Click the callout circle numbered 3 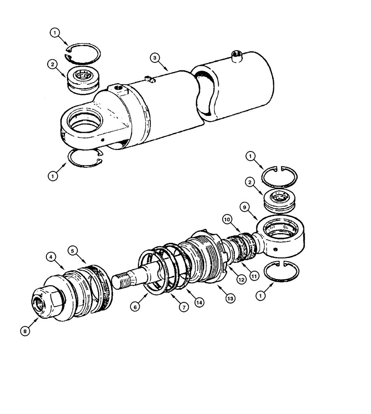154,58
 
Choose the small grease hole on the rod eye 275,250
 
